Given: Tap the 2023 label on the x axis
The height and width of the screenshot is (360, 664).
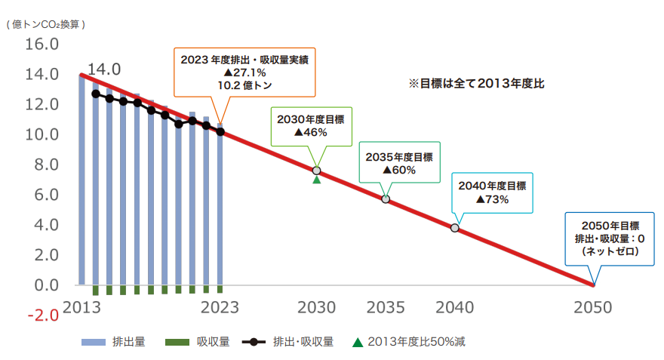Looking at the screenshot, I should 220,307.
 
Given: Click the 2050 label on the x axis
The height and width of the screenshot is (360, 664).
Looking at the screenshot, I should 594,307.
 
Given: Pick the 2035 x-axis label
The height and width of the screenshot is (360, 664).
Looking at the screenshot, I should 386,307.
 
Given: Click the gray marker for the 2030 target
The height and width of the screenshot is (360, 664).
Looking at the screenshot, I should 317,171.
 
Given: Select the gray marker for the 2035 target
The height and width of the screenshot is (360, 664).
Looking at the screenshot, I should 386,199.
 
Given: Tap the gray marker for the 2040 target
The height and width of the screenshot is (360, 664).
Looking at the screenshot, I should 455,227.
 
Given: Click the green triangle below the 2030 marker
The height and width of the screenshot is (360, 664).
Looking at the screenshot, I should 317,180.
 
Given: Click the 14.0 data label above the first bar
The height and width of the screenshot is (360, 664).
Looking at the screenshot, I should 104,70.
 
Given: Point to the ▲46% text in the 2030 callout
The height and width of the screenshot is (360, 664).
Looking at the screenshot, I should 310,132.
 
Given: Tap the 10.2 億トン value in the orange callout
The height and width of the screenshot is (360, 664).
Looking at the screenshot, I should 244,85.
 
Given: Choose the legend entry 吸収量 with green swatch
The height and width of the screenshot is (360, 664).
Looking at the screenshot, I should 213,342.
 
